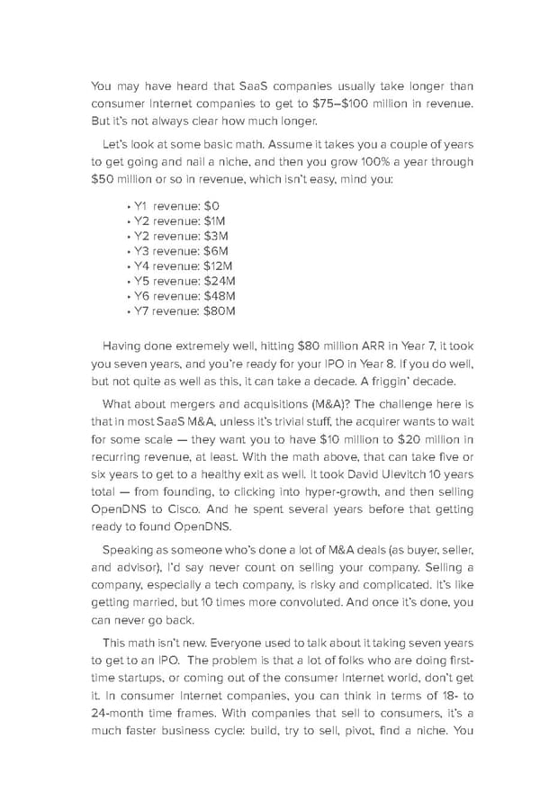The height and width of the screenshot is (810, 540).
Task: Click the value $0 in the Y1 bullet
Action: click(x=211, y=206)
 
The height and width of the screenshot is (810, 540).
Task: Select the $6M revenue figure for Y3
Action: click(x=216, y=250)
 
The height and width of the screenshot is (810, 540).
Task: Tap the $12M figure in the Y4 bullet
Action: click(x=219, y=265)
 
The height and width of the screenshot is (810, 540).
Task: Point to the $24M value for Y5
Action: click(x=220, y=281)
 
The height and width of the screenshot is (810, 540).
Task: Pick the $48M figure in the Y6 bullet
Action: click(x=220, y=295)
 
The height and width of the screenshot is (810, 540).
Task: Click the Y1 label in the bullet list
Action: click(x=140, y=206)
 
